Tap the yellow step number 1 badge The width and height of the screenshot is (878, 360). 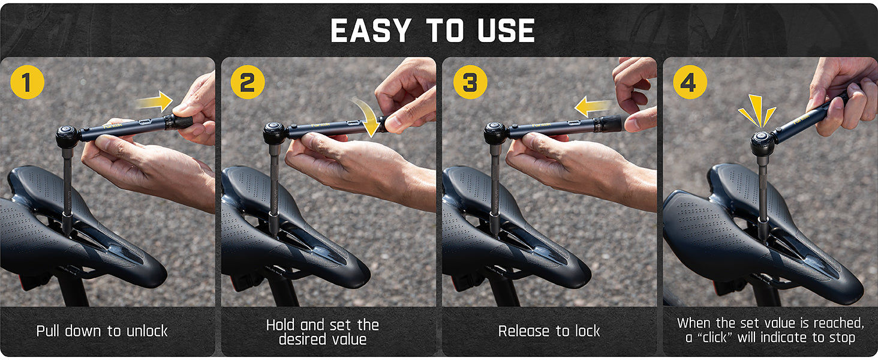27,82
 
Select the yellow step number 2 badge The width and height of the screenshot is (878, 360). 248,82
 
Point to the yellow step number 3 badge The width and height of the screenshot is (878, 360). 470,82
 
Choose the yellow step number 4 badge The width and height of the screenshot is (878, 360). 689,82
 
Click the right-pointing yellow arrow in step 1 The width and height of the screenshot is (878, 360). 155,103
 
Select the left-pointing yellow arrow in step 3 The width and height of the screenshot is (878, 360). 594,108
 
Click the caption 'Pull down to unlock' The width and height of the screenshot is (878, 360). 102,331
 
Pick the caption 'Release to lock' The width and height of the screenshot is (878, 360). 549,331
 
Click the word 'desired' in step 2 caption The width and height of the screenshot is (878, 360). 299,339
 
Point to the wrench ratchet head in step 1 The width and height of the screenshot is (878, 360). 67,136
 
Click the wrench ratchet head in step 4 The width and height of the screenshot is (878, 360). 763,143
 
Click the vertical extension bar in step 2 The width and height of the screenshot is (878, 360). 275,186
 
